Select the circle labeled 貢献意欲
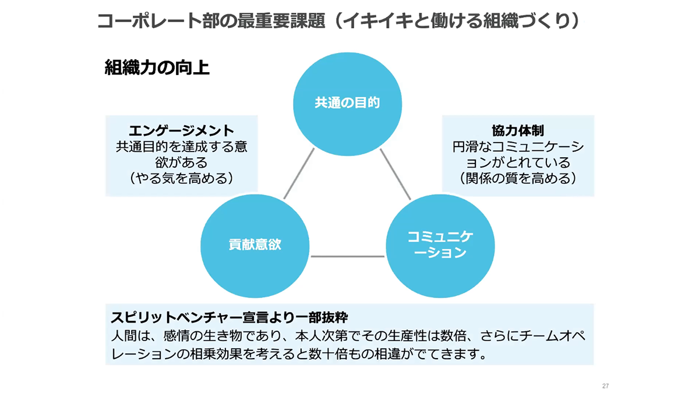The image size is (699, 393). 255,244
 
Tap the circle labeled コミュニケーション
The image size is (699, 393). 440,244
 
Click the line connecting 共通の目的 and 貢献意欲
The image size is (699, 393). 299,174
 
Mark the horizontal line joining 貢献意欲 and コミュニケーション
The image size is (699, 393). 347,256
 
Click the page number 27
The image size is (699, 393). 605,386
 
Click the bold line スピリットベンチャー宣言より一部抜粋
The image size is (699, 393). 229,318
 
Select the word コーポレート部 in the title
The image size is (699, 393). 154,21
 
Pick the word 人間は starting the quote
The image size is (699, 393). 129,336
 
